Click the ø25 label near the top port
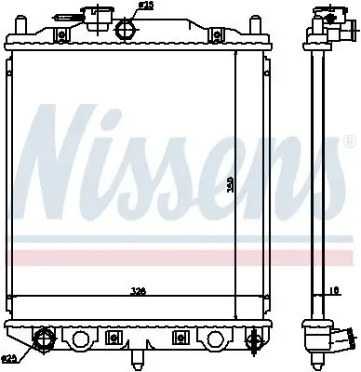146,7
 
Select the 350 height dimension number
230,184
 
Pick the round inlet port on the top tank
125,29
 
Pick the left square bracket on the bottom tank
114,337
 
